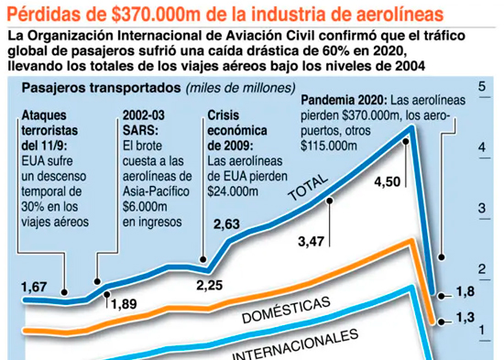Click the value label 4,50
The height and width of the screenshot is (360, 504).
pos(388,182)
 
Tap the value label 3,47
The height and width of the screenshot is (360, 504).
pos(312,242)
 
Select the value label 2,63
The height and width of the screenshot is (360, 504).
pos(226,224)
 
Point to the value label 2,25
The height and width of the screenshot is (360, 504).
pos(210,285)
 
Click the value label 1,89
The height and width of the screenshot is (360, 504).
pos(124,304)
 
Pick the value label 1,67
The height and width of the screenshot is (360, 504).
pos(35,287)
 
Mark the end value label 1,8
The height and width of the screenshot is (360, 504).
pos(466,291)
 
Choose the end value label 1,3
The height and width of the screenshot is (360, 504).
pos(466,318)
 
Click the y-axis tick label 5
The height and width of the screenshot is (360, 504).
pos(482,86)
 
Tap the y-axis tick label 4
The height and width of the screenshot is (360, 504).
pos(482,147)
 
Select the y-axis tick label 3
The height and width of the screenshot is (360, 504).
pos(482,208)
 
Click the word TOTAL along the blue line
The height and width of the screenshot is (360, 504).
pos(308,188)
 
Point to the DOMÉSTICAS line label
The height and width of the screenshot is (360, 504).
pos(286,310)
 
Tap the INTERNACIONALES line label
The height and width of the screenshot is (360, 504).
pos(295,344)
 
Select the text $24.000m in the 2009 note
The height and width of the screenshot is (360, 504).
pos(233,191)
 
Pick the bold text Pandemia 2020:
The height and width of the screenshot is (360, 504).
pos(345,100)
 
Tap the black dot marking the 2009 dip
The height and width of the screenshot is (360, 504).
pos(203,259)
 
